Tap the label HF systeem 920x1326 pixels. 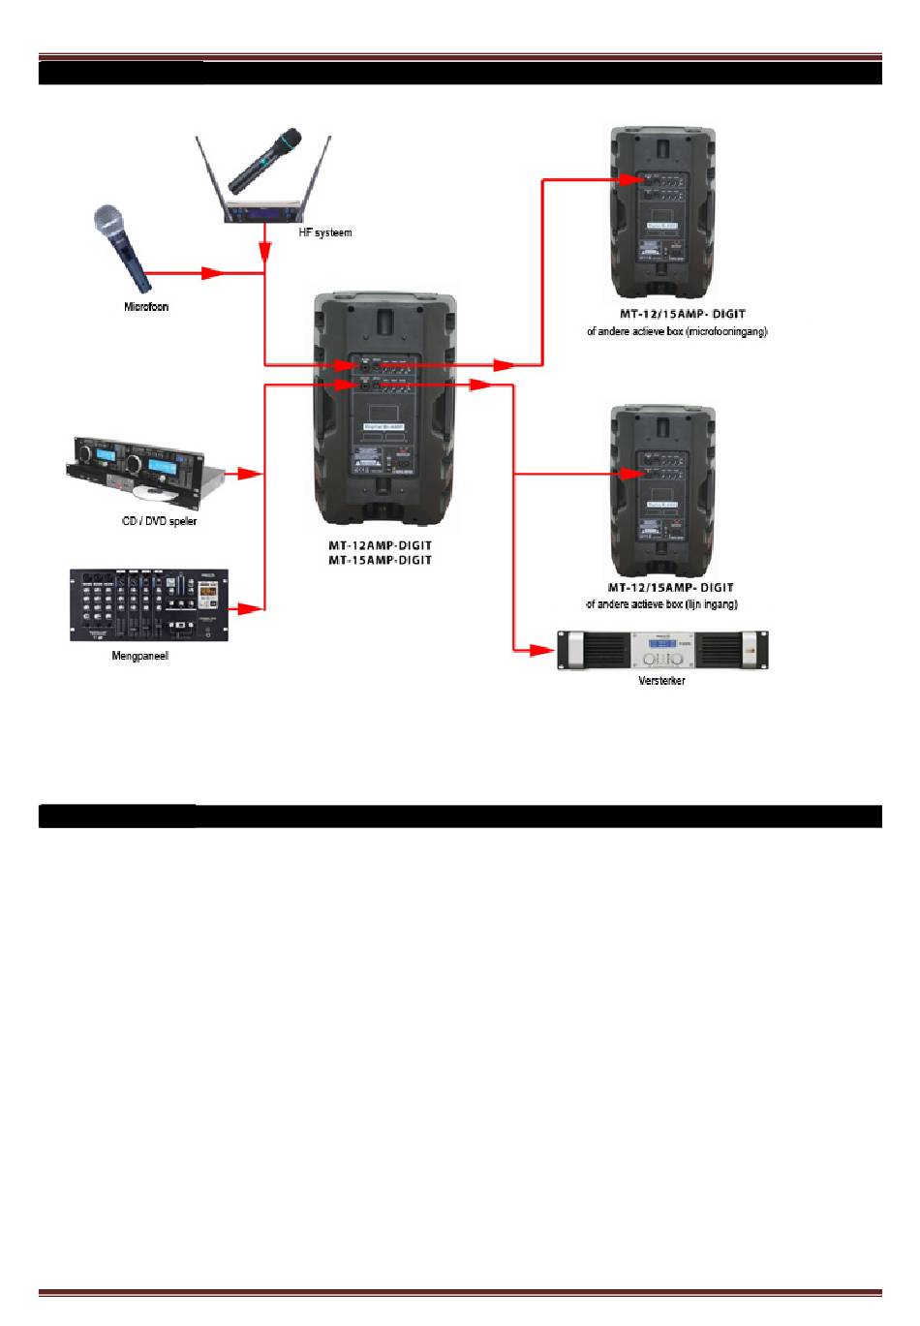pos(324,232)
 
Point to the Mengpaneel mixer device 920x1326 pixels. pos(149,605)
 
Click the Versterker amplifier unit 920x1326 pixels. pos(662,650)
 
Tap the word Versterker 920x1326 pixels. pos(661,681)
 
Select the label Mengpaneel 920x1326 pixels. pos(139,657)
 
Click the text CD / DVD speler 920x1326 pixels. pos(160,521)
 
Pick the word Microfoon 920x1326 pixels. pos(145,307)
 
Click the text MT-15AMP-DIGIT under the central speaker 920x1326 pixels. pos(380,560)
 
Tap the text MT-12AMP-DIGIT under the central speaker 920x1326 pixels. pos(380,545)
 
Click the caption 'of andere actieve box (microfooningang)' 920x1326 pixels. pos(677,331)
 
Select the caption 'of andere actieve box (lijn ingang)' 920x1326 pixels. pos(661,604)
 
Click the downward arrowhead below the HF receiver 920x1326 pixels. pos(264,251)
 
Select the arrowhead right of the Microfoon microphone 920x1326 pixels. pos(214,273)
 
